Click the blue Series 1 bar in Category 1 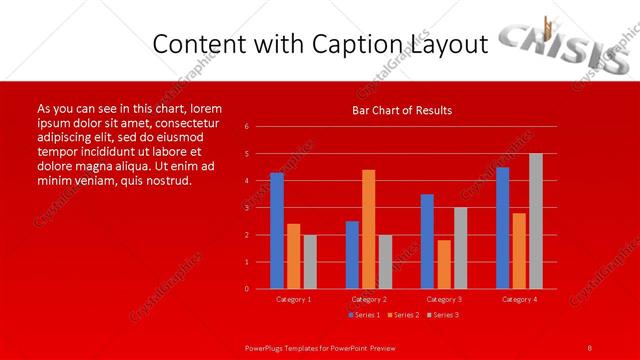click(276, 231)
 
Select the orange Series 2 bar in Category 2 click(368, 229)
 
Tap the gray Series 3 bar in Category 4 click(535, 221)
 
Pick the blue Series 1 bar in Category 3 click(427, 241)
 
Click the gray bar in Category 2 click(385, 261)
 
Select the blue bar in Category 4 click(502, 228)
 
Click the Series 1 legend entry click(365, 315)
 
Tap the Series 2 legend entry click(403, 315)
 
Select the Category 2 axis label click(368, 299)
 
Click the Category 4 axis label click(518, 299)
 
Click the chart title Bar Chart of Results click(402, 109)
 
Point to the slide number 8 click(590, 347)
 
